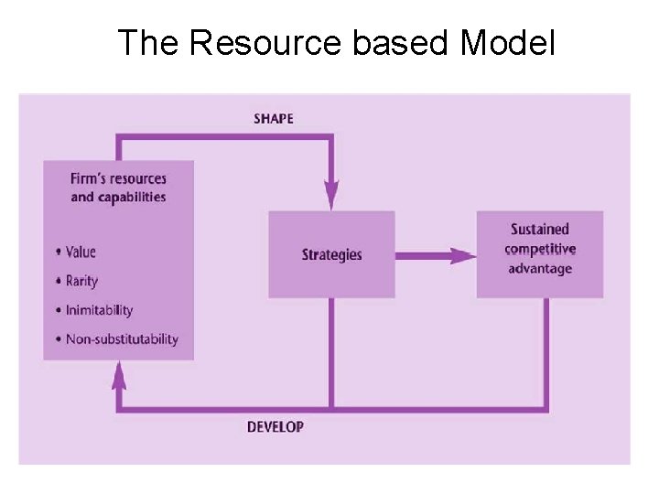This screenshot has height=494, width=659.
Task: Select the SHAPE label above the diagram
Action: (x=274, y=119)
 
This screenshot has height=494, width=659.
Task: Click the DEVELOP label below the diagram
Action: (x=275, y=426)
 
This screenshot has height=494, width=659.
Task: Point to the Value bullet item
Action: (x=81, y=252)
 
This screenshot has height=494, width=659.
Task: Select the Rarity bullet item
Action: (x=81, y=281)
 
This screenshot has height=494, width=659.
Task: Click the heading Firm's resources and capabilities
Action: (x=119, y=187)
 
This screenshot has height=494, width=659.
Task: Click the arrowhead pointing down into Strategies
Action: (x=331, y=196)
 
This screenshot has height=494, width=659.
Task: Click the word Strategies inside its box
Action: (x=331, y=254)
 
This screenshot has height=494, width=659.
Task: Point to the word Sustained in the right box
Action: (x=540, y=230)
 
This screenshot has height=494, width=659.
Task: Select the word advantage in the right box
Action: (x=540, y=269)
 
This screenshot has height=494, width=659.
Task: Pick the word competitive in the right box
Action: (x=540, y=249)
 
